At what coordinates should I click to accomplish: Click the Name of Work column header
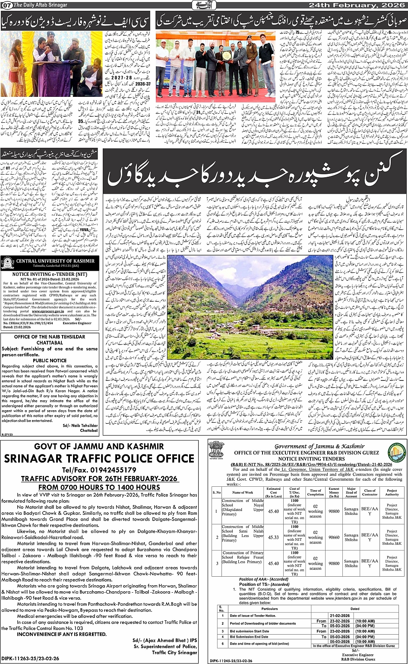[x=243, y=492]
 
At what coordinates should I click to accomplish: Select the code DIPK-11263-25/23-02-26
[x=30, y=659]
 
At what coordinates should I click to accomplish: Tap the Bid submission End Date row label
[x=249, y=636]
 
